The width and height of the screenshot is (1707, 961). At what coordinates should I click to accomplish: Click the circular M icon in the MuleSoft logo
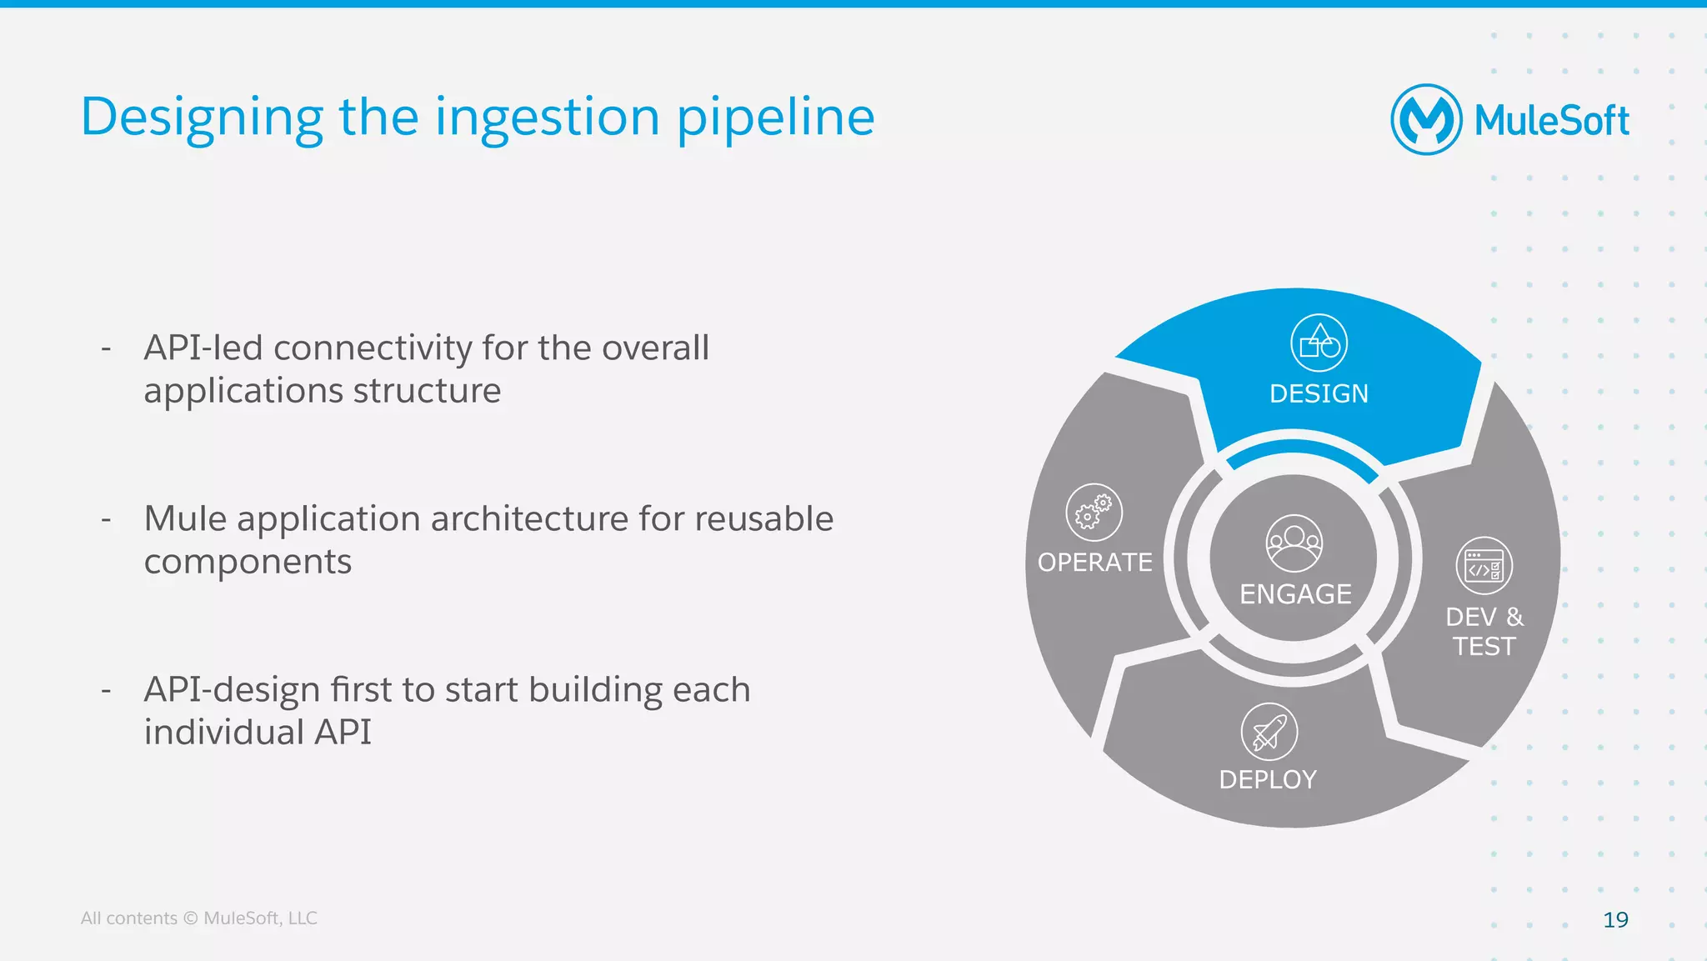1426,119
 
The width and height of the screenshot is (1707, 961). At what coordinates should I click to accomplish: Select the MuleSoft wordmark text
1551,121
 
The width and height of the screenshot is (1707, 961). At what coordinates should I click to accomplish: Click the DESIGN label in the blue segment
1319,393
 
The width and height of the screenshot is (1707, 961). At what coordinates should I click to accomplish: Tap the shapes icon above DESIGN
1319,343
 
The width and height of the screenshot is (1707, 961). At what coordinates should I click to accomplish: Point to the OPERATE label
1094,563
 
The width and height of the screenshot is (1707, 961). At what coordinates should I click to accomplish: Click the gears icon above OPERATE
1094,512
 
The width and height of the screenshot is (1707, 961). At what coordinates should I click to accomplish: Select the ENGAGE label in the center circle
1295,594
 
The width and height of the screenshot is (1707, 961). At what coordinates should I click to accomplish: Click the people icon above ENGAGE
1294,543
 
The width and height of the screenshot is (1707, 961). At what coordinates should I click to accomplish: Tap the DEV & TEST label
1484,631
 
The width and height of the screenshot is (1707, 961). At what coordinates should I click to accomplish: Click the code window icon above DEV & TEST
1484,566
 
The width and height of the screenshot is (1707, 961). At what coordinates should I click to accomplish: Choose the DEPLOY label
1268,779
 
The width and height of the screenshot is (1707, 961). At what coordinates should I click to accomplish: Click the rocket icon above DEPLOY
1269,732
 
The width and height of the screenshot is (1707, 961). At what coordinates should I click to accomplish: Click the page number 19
1615,919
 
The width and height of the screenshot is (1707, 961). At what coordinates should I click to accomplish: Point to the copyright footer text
198,918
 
